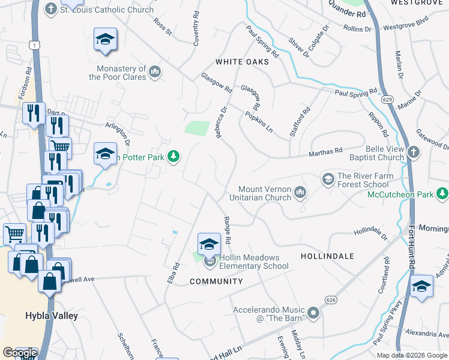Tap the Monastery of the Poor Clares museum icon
(155, 73)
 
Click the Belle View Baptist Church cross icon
(414, 152)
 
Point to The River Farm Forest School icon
(328, 178)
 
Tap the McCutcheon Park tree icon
(442, 193)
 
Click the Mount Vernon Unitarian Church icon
(300, 192)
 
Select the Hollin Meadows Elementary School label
(253, 262)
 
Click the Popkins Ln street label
(259, 121)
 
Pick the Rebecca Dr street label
(221, 122)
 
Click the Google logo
(20, 353)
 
